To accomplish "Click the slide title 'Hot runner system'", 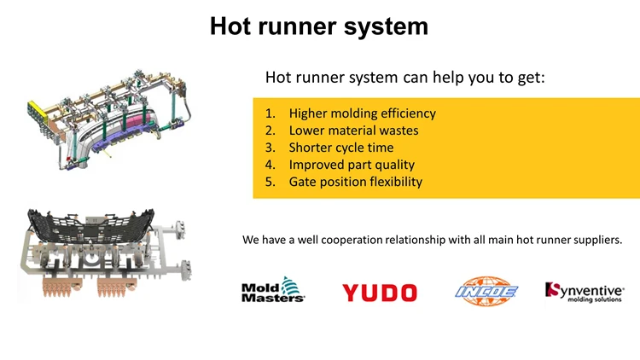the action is pyautogui.click(x=319, y=26).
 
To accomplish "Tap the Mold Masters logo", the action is pyautogui.click(x=273, y=290).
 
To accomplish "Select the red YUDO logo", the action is pyautogui.click(x=380, y=293).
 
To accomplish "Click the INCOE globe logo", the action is pyautogui.click(x=486, y=291).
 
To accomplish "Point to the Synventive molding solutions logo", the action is pyautogui.click(x=584, y=293).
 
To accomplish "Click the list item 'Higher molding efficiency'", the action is pyautogui.click(x=363, y=113).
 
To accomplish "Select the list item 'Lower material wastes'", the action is pyautogui.click(x=353, y=131).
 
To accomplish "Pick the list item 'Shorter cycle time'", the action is pyautogui.click(x=341, y=148).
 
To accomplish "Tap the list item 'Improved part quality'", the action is pyautogui.click(x=352, y=165).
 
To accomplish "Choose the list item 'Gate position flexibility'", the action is pyautogui.click(x=356, y=182).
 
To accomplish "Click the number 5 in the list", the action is pyautogui.click(x=270, y=182).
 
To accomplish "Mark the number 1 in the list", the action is pyautogui.click(x=270, y=113).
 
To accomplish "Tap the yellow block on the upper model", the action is pyautogui.click(x=38, y=112).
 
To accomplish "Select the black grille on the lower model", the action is pyautogui.click(x=90, y=226).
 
